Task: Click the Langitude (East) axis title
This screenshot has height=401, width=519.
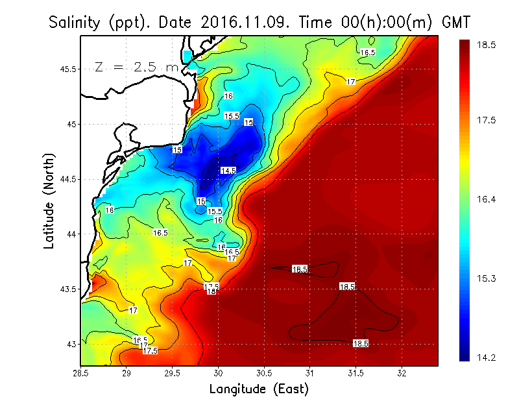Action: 259,389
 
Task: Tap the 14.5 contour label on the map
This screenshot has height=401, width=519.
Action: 228,171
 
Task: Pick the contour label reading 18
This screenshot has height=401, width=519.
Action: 211,292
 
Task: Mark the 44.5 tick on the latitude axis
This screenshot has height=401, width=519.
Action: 66,179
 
